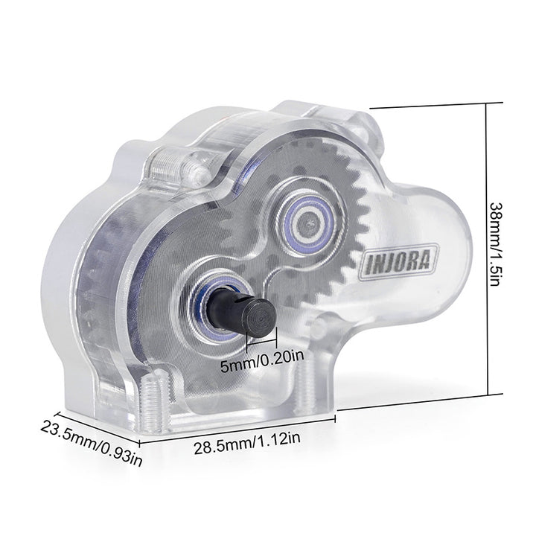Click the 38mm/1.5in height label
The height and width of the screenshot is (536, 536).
tap(497, 245)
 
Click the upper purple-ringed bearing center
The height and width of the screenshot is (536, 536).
tap(310, 223)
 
